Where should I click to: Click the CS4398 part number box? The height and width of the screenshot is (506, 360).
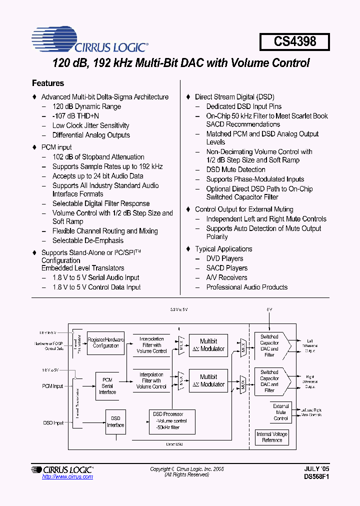coord(294,41)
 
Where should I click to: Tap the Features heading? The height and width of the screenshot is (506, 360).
coord(48,83)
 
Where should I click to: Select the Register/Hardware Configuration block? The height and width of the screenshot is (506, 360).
coord(105,343)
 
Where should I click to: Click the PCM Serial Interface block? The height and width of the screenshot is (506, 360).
coord(107,386)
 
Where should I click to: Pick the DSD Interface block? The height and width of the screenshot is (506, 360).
coord(115,422)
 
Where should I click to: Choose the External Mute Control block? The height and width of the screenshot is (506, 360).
coord(281,412)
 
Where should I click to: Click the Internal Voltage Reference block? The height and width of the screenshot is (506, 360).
coord(272,437)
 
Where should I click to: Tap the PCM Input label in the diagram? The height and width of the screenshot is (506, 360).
coord(52,386)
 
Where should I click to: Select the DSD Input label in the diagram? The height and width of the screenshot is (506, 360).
coord(52,423)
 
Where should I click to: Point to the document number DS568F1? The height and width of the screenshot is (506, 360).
coord(316,477)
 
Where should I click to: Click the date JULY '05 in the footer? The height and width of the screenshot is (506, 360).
coord(316,469)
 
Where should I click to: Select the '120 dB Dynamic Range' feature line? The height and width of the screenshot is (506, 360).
coord(86,106)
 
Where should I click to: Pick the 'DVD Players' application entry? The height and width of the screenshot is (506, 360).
coord(224,258)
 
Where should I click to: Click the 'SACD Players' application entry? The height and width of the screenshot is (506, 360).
coord(226,268)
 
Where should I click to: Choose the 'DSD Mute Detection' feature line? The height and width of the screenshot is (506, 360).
coord(235,169)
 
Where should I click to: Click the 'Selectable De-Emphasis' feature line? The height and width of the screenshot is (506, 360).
coord(88,240)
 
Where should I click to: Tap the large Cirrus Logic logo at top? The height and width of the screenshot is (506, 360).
coord(90,41)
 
